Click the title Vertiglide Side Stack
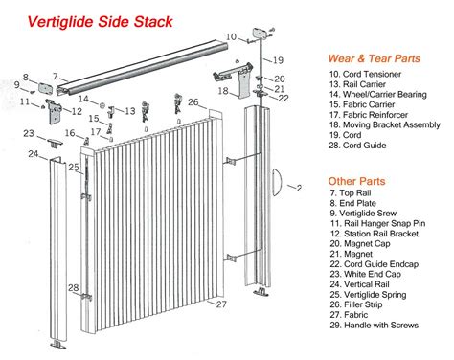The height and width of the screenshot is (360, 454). (x=101, y=22)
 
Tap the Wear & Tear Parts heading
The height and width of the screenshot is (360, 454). (x=374, y=58)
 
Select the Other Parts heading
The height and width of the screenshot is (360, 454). (x=356, y=181)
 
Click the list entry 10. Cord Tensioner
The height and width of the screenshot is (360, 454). (x=365, y=74)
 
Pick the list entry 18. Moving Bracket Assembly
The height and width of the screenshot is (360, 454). (x=385, y=124)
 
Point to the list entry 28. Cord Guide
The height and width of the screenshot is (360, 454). (x=357, y=146)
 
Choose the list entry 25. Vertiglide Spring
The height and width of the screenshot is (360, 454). (x=368, y=295)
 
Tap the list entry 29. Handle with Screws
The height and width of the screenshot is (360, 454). (x=375, y=326)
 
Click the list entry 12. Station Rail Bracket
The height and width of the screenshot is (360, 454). (x=375, y=234)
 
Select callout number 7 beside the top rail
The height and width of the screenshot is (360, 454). (x=56, y=77)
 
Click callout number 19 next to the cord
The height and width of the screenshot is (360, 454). (x=278, y=60)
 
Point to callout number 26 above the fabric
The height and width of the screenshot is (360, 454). (x=193, y=102)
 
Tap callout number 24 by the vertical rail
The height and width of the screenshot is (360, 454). (x=34, y=154)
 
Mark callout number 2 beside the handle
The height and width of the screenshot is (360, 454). (x=299, y=189)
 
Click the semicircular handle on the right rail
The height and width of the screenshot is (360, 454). (x=277, y=182)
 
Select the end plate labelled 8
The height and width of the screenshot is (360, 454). (x=46, y=88)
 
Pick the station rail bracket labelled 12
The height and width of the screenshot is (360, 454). (x=55, y=112)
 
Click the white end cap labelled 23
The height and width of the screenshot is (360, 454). (x=55, y=143)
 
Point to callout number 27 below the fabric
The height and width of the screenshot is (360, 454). (x=221, y=304)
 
